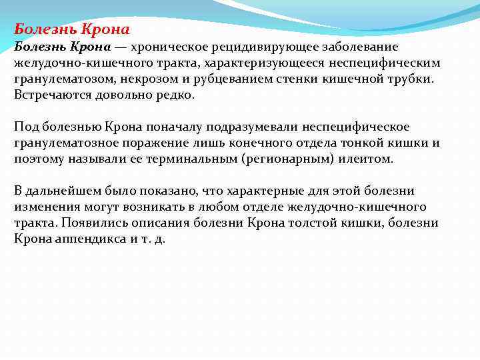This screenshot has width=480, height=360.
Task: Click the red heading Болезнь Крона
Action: [72, 29]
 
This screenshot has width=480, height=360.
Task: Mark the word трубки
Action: [411, 79]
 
